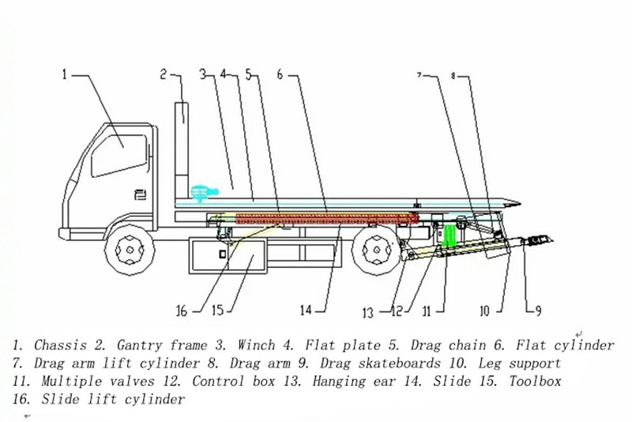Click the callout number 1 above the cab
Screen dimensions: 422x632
(66, 76)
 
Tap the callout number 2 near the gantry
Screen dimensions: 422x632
(164, 76)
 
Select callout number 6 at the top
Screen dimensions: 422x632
(280, 76)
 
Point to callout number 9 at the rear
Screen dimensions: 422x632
(538, 311)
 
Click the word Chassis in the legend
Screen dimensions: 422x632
(61, 345)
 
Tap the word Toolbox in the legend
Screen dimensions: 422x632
(533, 382)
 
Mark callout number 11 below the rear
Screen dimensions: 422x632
(427, 311)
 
